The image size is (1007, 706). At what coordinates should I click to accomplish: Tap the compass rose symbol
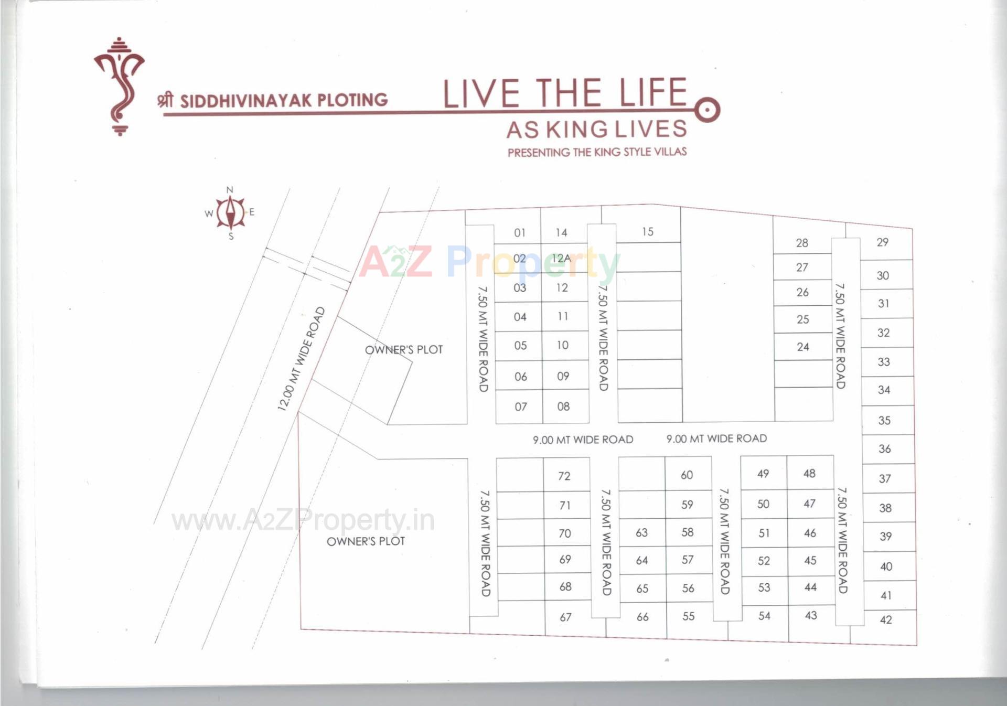point(230,212)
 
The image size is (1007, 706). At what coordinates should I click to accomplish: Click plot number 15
point(648,232)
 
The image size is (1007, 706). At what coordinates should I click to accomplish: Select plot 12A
point(561,259)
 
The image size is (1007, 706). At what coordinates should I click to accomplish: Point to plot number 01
point(520,233)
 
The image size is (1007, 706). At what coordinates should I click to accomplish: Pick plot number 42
point(886,620)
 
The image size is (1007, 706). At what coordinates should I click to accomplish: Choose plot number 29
point(883,242)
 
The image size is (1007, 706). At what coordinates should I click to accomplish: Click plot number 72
point(564,476)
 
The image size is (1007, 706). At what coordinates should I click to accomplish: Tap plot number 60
point(687,475)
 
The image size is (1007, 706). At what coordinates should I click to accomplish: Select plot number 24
point(803,347)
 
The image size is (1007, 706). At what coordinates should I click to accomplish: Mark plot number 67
point(565,617)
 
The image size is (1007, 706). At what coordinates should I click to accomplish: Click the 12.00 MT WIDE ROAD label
point(301,359)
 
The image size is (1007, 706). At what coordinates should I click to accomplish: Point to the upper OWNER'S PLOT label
point(404,350)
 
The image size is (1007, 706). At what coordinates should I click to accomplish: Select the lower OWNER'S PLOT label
point(366,541)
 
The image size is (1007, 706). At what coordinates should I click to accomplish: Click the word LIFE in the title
point(653,93)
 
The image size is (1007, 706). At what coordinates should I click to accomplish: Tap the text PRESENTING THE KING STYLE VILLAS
point(597,153)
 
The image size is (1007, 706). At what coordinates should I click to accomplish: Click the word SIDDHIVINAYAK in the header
point(246,101)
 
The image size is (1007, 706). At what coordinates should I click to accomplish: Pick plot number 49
point(763,474)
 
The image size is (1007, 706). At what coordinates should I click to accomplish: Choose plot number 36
point(885,449)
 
